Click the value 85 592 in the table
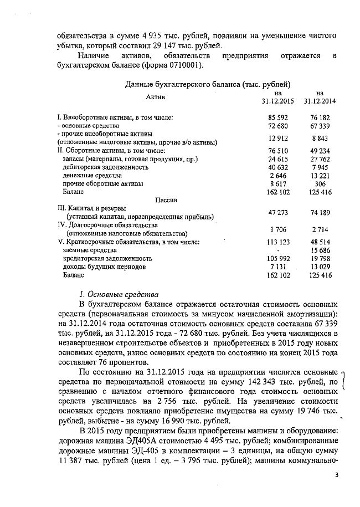click(279, 118)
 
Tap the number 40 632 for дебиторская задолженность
click(279, 167)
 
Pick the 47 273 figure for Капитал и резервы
click(279, 212)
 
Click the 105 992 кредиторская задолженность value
click(279, 258)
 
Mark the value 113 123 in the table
click(279, 242)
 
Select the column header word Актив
click(156, 97)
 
